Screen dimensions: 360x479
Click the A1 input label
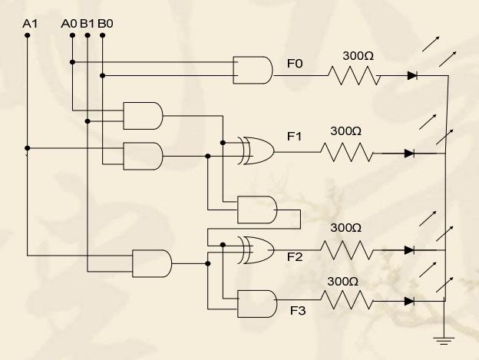tap(30, 23)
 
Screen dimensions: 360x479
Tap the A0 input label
tap(69, 23)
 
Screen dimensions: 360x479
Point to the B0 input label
tap(105, 23)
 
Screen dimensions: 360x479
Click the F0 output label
tap(294, 64)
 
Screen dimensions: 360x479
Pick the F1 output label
tap(294, 137)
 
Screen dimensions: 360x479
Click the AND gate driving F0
tap(253, 69)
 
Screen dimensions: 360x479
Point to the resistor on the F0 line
tap(354, 75)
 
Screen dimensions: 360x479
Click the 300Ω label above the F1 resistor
tap(345, 130)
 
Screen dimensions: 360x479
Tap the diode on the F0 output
tap(411, 75)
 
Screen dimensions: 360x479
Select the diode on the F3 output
tap(409, 300)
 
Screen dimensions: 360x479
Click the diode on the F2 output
tap(409, 250)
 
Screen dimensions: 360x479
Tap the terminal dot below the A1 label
tap(28, 35)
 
